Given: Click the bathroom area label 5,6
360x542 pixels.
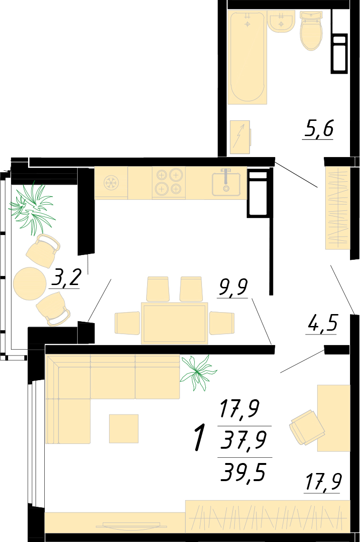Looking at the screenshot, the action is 319,128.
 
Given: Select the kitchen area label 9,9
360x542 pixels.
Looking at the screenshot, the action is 233,288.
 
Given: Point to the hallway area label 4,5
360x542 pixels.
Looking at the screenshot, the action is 321,323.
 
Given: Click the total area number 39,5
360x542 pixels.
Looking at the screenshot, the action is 243,472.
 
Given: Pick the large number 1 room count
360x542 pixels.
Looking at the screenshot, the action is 199,438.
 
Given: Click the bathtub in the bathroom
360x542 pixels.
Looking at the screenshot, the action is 248,57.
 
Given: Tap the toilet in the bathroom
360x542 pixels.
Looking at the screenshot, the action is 311,30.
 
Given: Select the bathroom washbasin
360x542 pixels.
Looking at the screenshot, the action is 281,21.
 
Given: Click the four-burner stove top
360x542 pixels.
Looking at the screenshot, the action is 169,182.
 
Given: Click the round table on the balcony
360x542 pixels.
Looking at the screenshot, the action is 30,284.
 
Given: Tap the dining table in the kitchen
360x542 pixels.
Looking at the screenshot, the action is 175,323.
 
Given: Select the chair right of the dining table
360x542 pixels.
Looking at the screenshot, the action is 222,323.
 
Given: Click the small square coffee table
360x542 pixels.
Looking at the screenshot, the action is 124,429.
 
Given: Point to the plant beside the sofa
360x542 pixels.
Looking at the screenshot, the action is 197,373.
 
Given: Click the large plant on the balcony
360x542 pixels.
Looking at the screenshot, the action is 32,208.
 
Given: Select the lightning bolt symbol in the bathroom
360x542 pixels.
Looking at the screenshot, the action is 240,137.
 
